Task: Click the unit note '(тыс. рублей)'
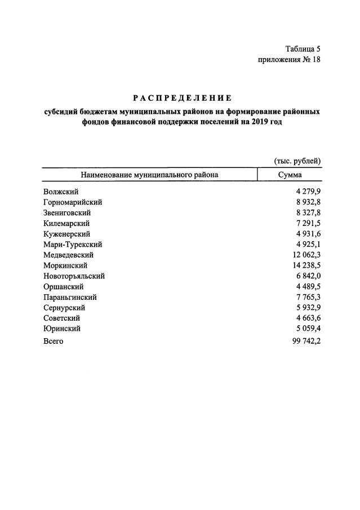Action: [x=297, y=161]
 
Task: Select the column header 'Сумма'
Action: [x=290, y=175]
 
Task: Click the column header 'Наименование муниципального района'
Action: [x=149, y=175]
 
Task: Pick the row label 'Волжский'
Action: [x=60, y=192]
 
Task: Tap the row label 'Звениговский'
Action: [x=67, y=213]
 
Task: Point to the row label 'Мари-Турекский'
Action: [x=72, y=245]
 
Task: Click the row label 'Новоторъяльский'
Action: [x=74, y=276]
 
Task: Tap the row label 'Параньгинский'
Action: [x=70, y=297]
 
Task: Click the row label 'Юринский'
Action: [x=61, y=328]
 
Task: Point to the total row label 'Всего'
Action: [x=53, y=342]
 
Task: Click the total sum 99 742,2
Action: [x=304, y=342]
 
